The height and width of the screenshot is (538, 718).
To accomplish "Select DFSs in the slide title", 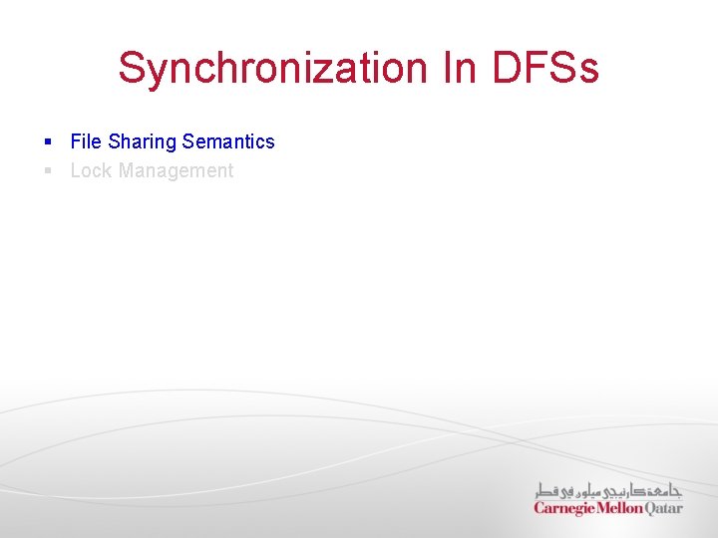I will point(545,68).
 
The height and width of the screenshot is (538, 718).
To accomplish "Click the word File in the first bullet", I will point(87,141).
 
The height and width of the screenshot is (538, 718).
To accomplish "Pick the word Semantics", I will point(228,141).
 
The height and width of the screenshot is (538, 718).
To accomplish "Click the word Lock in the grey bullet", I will point(91,170).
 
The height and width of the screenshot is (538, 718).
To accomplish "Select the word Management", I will point(176,170).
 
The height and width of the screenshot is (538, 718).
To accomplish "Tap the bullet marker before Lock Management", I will point(48,171).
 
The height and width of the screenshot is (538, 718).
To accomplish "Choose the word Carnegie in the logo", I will point(564,508).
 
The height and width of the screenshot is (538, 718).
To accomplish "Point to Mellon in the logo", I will point(620,508).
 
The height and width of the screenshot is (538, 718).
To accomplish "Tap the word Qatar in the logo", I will point(664,508).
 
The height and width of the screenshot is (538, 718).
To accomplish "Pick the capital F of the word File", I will point(76,141).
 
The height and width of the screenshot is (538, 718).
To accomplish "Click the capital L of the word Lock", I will point(76,170).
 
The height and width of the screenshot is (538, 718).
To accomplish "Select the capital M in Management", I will point(127,170).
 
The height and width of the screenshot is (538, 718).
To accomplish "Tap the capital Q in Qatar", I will point(651,508).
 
